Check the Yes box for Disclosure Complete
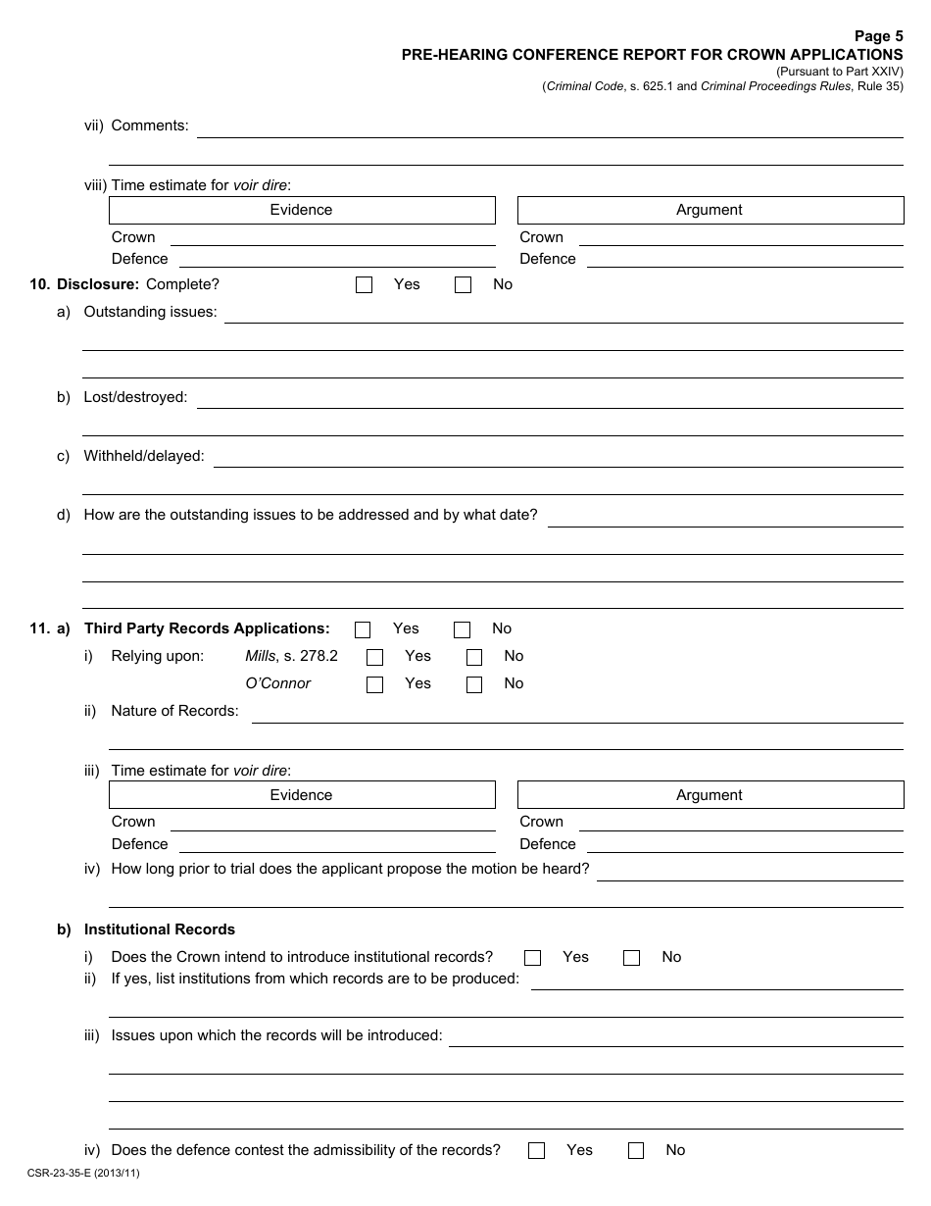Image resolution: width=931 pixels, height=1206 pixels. point(365,285)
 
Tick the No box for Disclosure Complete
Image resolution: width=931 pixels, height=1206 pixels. point(464,285)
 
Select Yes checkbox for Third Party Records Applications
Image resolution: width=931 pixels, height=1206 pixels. point(364,629)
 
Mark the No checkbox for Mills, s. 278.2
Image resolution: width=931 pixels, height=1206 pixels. point(474,657)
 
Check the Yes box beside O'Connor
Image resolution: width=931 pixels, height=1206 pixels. point(374,684)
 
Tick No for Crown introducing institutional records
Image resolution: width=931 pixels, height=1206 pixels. point(632,958)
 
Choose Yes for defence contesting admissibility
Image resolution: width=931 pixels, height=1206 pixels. point(536,1151)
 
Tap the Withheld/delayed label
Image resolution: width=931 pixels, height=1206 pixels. point(144,456)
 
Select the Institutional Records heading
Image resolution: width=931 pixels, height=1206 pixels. point(160,930)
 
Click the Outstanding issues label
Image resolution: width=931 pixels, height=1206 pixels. point(150,313)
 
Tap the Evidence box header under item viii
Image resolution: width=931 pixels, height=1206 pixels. point(302,210)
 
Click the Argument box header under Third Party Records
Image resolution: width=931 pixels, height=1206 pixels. point(710,795)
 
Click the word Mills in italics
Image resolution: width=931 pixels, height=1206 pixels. point(261,656)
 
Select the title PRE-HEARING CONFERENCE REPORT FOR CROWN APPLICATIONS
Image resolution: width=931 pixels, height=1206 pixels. point(652,55)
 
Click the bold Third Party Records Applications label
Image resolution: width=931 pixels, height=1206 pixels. point(207,628)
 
